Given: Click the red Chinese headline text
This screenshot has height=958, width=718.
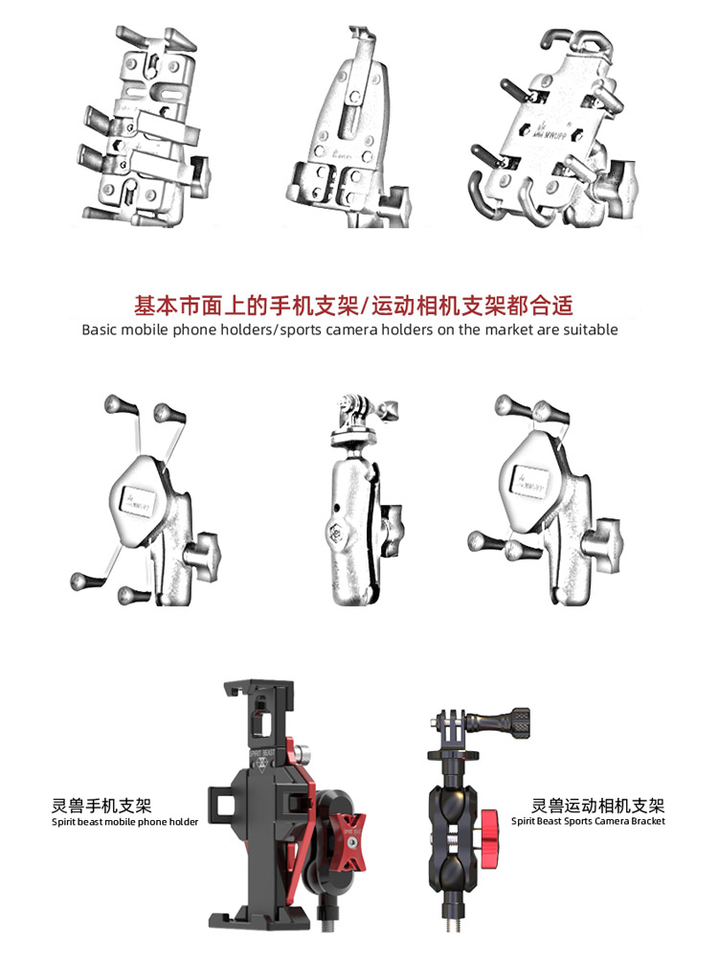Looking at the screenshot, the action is tap(353, 306).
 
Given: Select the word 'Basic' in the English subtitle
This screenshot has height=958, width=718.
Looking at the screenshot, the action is tap(101, 330).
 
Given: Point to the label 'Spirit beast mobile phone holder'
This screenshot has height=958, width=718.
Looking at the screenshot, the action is tap(124, 822).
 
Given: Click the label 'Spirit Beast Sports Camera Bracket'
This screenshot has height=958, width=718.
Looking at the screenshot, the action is tap(588, 821).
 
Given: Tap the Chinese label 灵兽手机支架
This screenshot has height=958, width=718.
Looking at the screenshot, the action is tap(101, 806).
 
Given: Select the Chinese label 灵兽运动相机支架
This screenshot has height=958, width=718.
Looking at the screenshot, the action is tap(598, 806).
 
